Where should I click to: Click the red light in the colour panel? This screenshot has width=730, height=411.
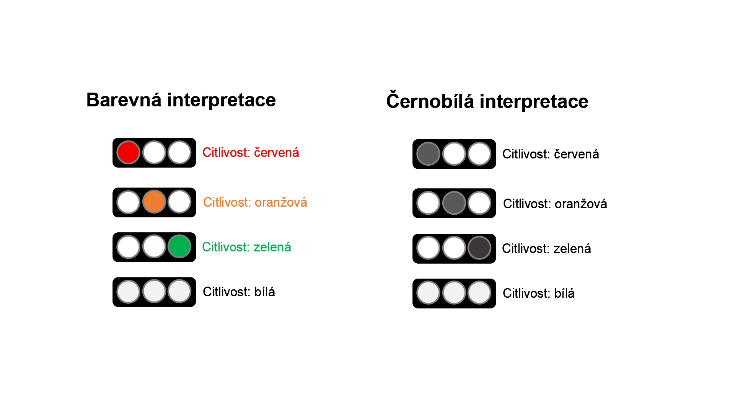tap(128, 152)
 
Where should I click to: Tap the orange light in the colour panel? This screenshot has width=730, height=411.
tap(154, 202)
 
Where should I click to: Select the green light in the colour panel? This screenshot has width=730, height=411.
tap(179, 247)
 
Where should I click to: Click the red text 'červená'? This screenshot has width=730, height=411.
tap(276, 153)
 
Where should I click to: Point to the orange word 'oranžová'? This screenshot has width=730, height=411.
tap(281, 202)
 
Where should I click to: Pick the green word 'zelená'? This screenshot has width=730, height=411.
tap(272, 247)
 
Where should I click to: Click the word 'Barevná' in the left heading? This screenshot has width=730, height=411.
tap(124, 100)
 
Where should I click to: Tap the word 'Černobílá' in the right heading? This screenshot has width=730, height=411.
tap(430, 101)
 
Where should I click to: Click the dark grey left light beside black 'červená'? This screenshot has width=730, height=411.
tap(428, 154)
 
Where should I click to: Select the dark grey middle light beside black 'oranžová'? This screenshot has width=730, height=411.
tap(454, 203)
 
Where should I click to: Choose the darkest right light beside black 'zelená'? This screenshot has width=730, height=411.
tap(479, 248)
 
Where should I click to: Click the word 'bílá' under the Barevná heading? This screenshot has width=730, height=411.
tap(264, 292)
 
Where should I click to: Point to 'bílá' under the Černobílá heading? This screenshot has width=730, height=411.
tap(564, 294)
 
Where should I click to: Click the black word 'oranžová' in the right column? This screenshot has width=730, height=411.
tap(581, 204)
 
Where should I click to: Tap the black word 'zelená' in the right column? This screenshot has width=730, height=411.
tap(572, 249)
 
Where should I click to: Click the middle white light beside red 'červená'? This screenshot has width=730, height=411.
tap(154, 152)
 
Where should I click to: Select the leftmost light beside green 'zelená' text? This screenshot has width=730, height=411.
tap(128, 247)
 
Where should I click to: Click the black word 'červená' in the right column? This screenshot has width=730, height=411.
tap(576, 154)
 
